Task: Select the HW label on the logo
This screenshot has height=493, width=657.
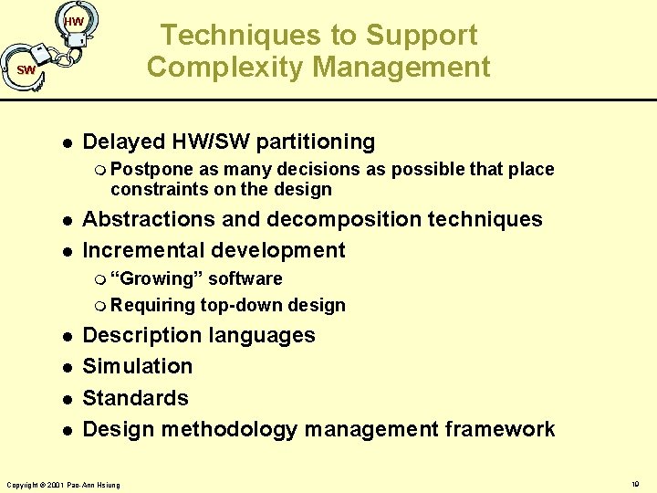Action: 74,21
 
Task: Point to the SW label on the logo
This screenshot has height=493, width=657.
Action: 26,70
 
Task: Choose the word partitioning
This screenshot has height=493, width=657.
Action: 316,142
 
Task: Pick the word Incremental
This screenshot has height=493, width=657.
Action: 140,250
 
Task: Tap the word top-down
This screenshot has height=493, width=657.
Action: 236,305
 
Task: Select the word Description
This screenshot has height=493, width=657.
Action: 142,335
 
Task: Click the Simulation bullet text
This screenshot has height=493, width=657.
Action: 138,366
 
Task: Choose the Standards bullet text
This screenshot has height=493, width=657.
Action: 135,398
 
